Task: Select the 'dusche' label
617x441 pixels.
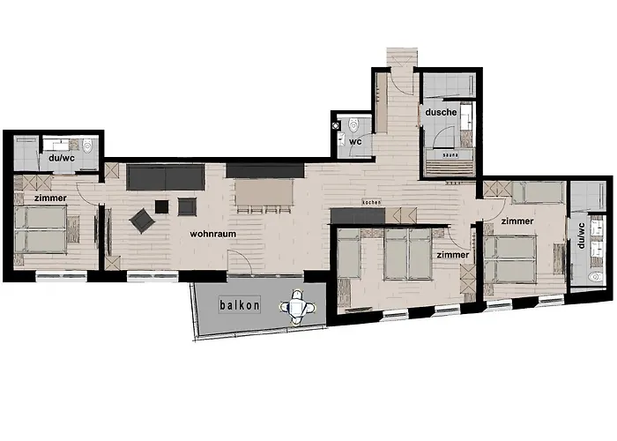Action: (x=441, y=113)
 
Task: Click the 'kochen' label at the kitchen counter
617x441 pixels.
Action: (x=370, y=204)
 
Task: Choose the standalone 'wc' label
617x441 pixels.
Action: (x=357, y=140)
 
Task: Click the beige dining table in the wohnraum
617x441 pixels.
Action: (x=264, y=191)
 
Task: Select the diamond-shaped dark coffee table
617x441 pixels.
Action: (x=140, y=220)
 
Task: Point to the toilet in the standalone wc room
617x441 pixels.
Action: (x=353, y=123)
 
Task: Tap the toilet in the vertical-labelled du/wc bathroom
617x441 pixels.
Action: (x=597, y=276)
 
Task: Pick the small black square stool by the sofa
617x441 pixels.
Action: (x=161, y=206)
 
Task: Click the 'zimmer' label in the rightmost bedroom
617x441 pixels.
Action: (x=517, y=221)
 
